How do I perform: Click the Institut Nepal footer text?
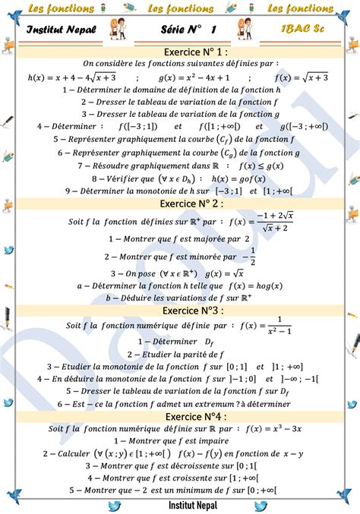(180, 505)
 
